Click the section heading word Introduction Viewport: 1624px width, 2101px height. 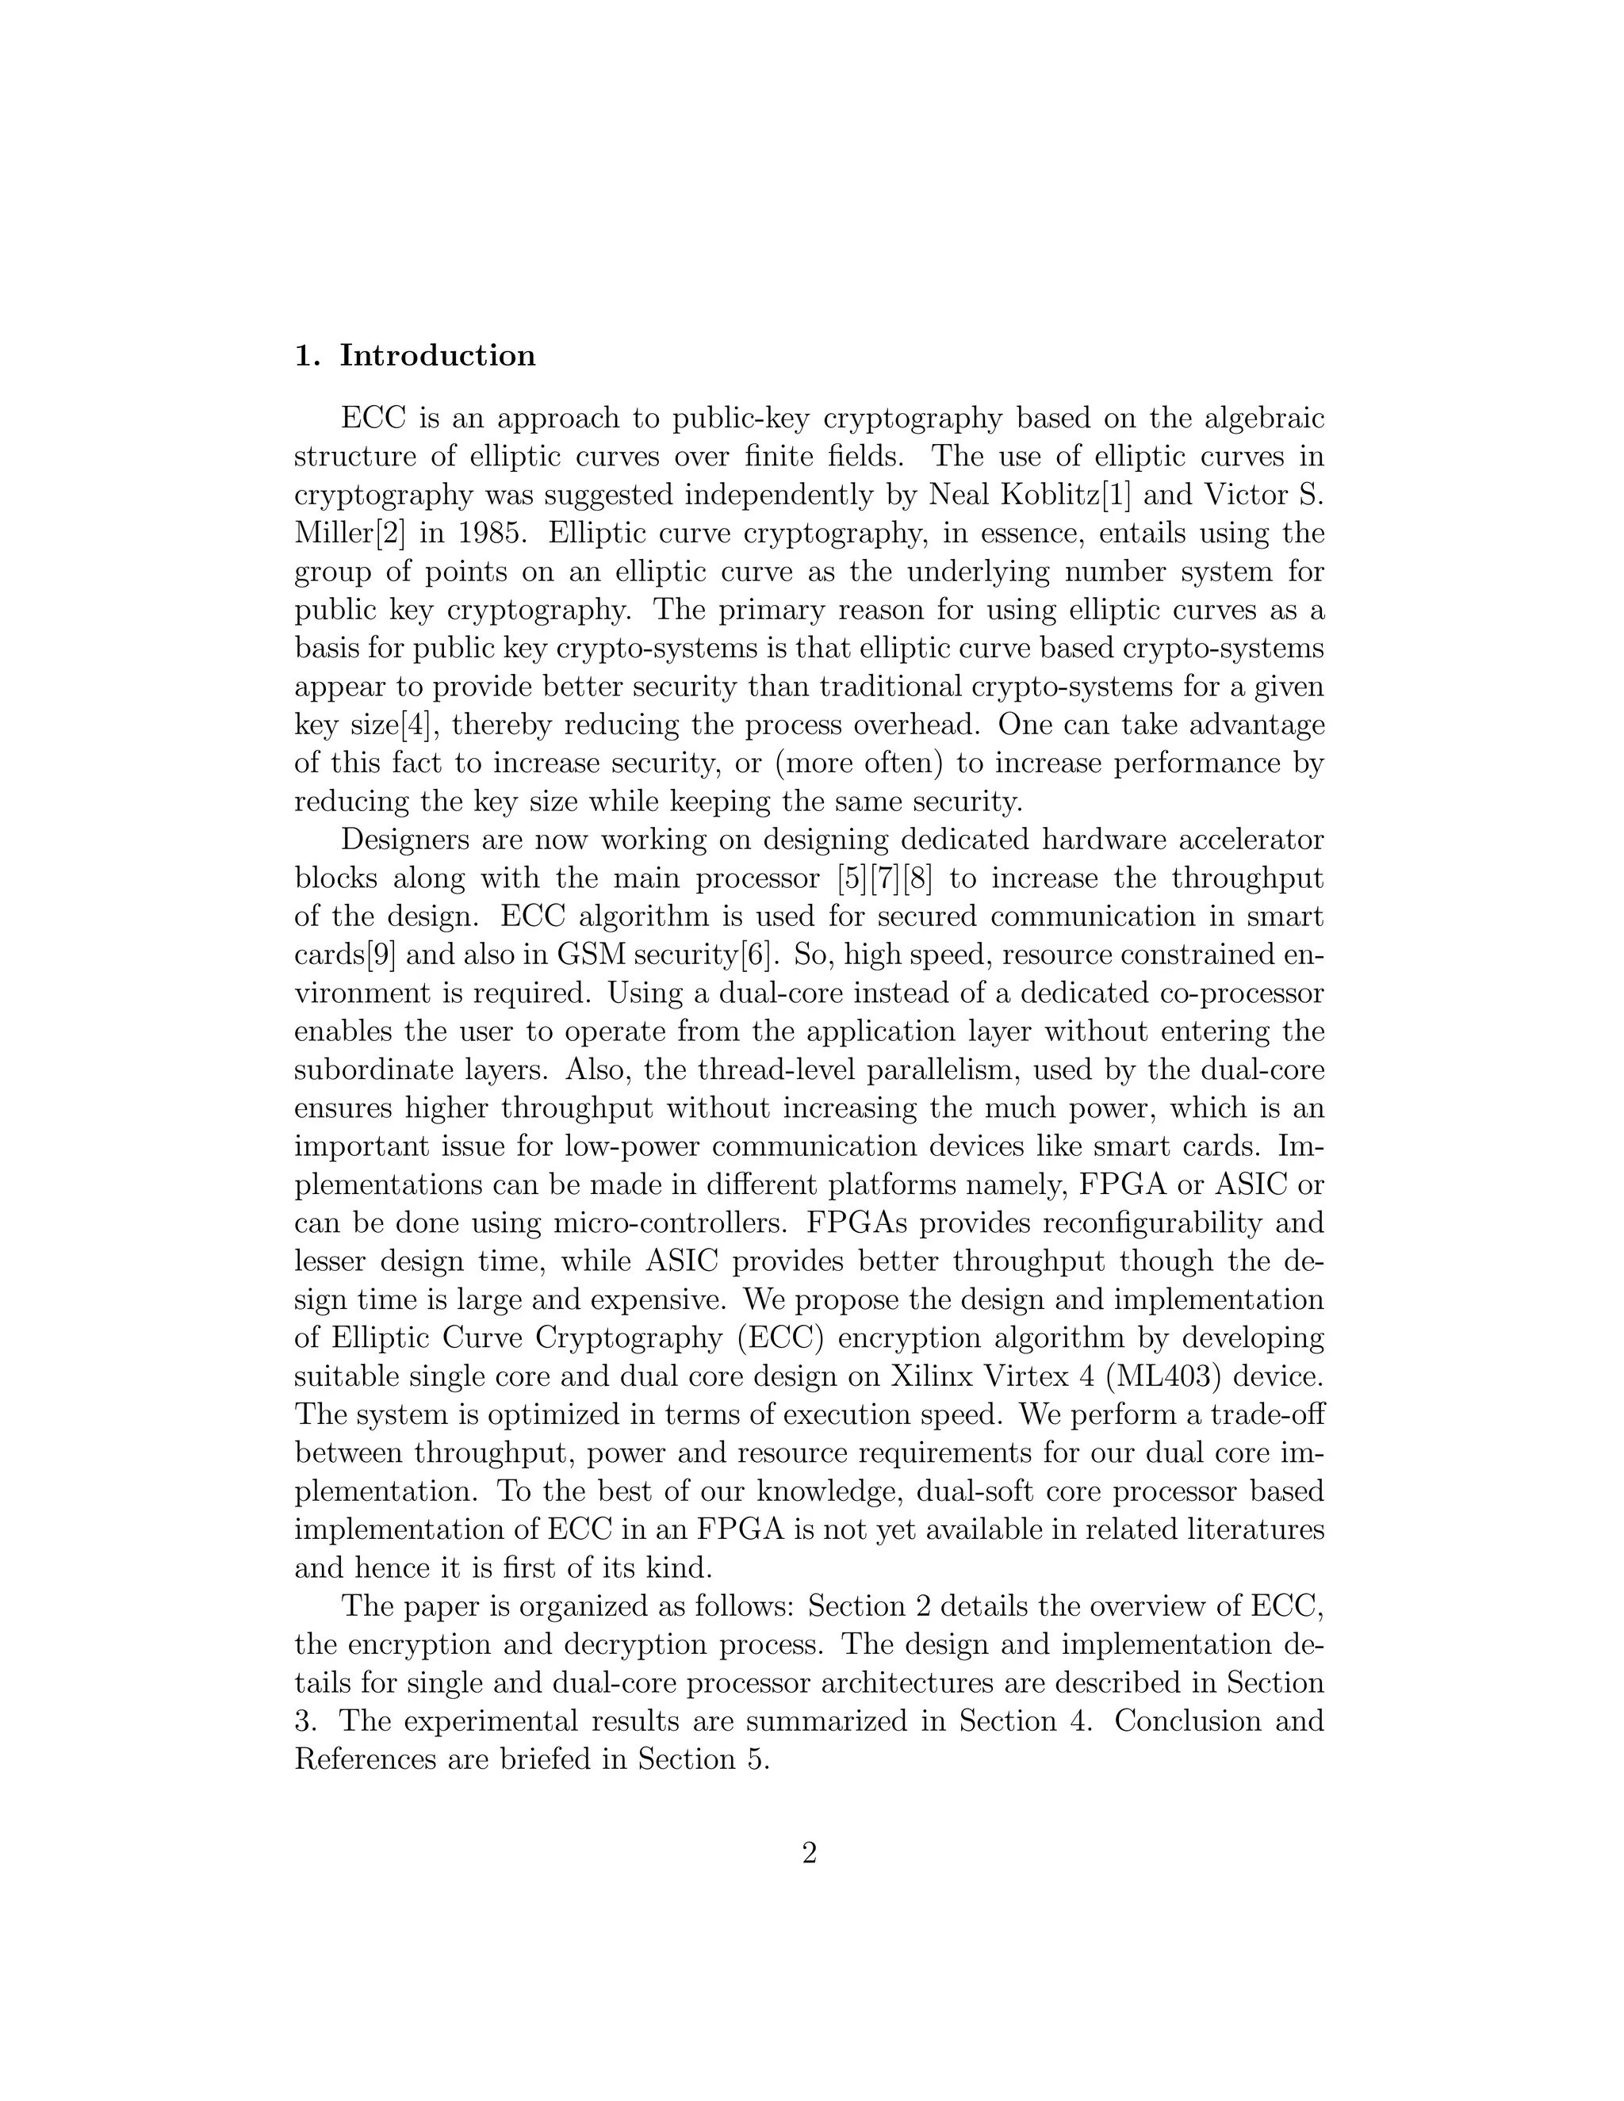click(x=438, y=356)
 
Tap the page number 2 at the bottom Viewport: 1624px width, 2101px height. click(x=809, y=1852)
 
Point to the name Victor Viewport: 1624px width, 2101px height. click(x=1238, y=496)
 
